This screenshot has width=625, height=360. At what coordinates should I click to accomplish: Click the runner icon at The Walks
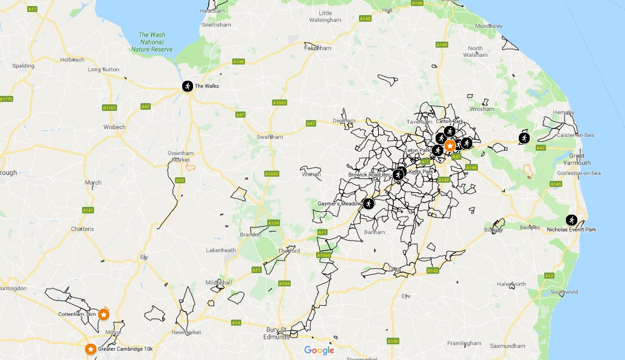point(188,86)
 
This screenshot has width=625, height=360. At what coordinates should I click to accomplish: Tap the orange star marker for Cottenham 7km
point(104,314)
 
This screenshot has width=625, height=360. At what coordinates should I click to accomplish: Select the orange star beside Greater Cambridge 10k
point(90,349)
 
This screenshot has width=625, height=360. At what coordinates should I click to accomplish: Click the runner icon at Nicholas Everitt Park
point(571,220)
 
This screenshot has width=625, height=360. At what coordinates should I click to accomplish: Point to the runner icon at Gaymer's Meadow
point(369,204)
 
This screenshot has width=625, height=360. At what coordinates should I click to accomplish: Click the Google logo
point(319,350)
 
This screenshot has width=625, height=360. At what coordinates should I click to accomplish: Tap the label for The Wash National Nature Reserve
point(152,42)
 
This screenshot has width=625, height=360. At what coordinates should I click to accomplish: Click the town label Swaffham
point(270,137)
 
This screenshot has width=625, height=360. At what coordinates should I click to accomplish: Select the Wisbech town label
point(114,127)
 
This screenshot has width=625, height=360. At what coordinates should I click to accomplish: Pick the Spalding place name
point(23,66)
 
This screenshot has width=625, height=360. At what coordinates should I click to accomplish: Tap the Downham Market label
point(181,156)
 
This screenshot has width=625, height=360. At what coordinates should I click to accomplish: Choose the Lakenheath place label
point(220,250)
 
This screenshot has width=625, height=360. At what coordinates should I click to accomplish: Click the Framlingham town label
point(465,343)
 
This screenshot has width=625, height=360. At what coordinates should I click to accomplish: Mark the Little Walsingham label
point(325,16)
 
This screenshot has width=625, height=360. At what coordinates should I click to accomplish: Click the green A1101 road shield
point(109,107)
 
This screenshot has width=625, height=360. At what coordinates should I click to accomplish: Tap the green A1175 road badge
point(5,99)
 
